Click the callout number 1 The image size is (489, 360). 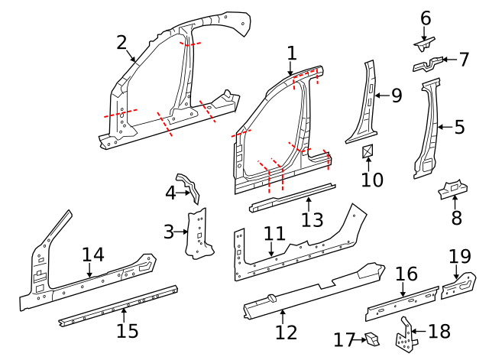pyautogui.click(x=291, y=53)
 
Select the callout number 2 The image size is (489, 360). pyautogui.click(x=121, y=42)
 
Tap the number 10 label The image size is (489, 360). pyautogui.click(x=371, y=180)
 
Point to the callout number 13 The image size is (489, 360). pyautogui.click(x=312, y=220)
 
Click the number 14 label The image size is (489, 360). pyautogui.click(x=92, y=255)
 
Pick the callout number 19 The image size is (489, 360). pyautogui.click(x=460, y=255)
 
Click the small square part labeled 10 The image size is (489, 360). pyautogui.click(x=368, y=151)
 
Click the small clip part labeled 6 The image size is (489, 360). pyautogui.click(x=426, y=36)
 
